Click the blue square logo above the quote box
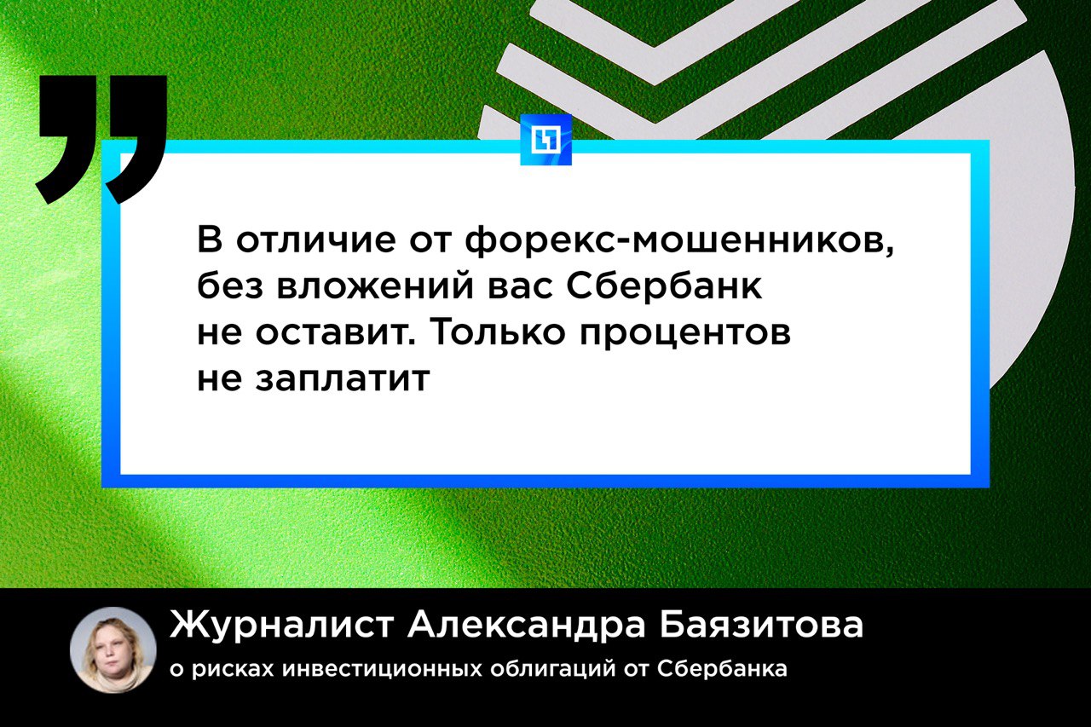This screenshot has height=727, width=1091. [545, 140]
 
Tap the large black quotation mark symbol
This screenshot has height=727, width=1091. [101, 140]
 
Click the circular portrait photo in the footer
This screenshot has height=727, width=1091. [113, 649]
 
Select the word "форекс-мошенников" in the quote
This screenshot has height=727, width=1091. [680, 239]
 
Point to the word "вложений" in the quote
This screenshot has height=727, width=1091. [376, 287]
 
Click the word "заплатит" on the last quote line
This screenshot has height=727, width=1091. [343, 378]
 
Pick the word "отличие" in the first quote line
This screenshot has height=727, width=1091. [316, 240]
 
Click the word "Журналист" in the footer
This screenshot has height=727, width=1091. [281, 625]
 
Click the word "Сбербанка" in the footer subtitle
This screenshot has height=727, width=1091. [722, 668]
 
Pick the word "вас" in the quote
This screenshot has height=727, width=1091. [520, 288]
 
